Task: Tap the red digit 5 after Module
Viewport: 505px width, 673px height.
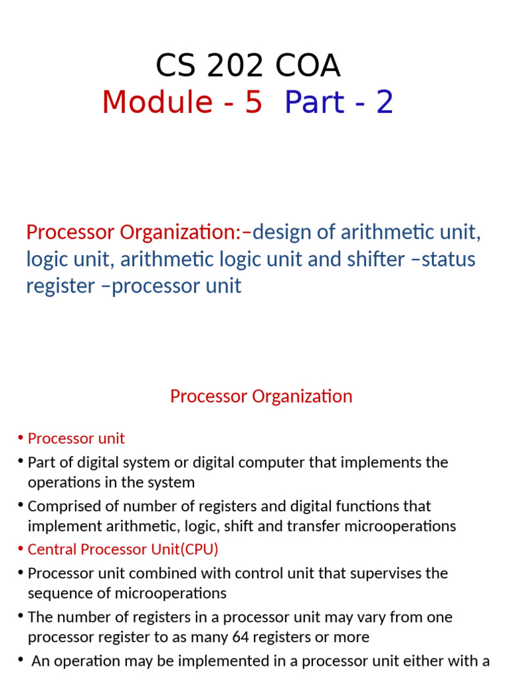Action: point(253,102)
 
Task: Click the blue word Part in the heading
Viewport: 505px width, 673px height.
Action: point(314,102)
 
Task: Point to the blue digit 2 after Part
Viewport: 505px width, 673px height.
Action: point(385,102)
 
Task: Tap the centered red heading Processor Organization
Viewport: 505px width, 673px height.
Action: point(261,396)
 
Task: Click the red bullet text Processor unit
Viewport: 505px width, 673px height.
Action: point(76,438)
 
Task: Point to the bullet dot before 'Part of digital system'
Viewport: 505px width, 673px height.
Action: point(21,461)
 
